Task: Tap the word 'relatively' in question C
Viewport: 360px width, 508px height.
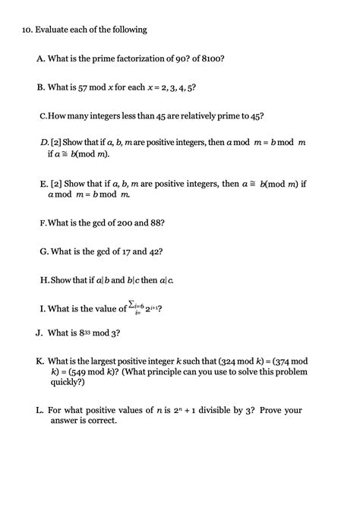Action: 198,117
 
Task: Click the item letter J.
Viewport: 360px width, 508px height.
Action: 38,333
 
